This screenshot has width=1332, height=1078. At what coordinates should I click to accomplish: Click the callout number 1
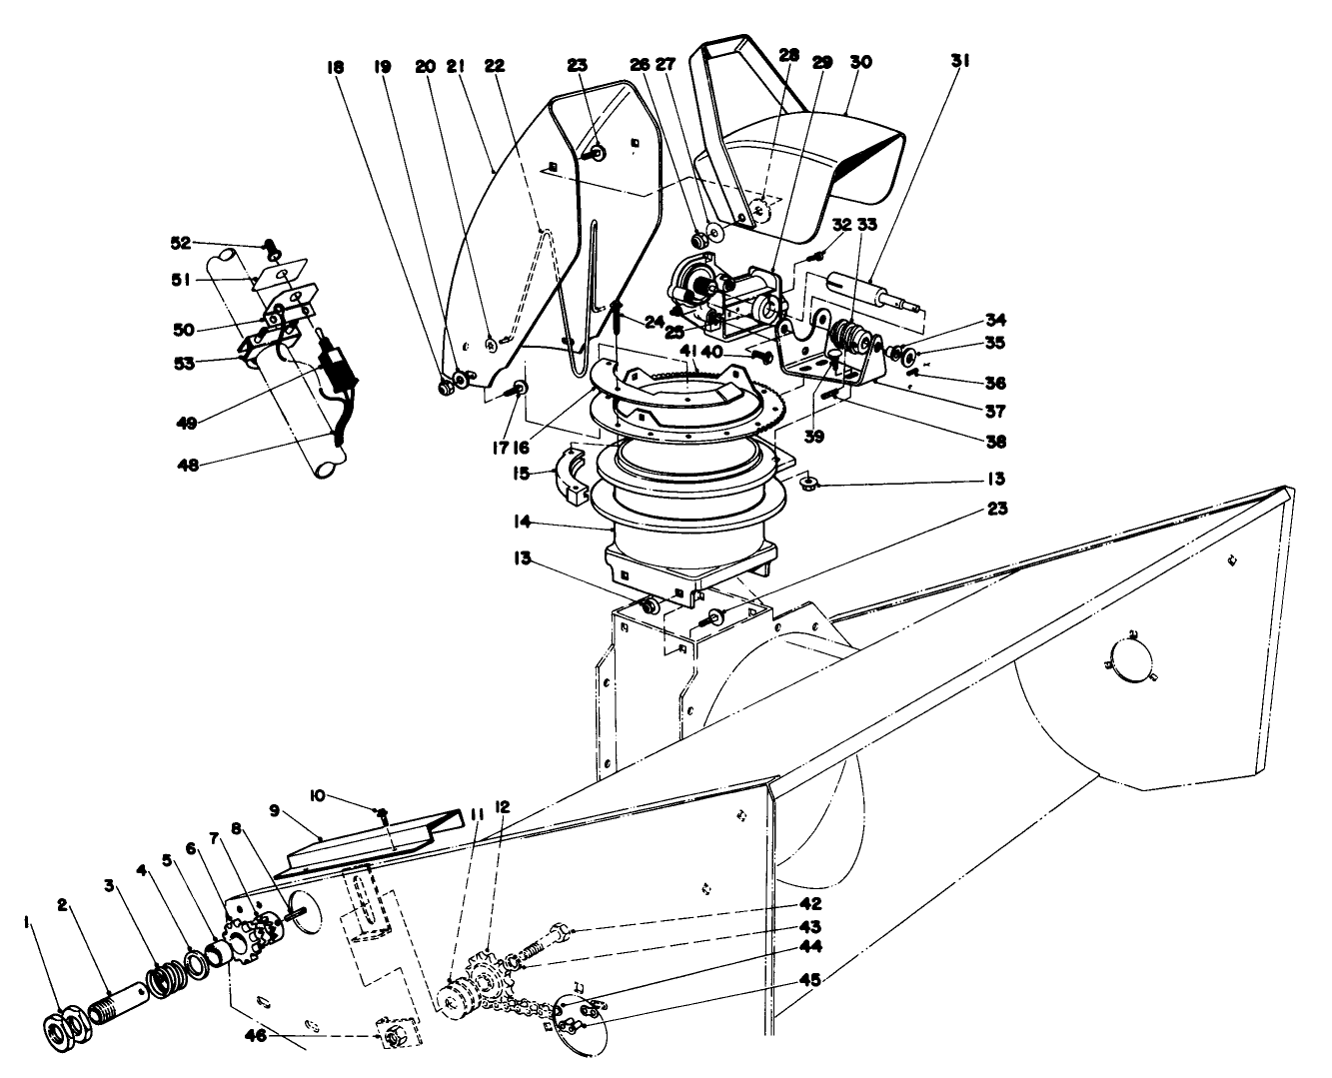[x=27, y=922]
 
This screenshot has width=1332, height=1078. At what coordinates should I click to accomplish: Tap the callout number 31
[x=960, y=61]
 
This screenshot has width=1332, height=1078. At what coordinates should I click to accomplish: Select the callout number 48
[x=188, y=466]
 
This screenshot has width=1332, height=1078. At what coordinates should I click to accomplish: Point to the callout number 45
[x=810, y=980]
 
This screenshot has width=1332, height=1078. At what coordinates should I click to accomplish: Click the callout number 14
[x=523, y=521]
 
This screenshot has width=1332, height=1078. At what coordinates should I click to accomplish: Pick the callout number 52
[x=181, y=243]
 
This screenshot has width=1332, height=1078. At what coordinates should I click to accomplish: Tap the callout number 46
[x=256, y=1036]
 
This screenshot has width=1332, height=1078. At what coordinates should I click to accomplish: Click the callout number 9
[x=274, y=811]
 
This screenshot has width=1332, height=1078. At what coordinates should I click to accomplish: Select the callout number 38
[x=995, y=442]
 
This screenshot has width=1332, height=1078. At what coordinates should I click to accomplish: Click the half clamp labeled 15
[x=572, y=476]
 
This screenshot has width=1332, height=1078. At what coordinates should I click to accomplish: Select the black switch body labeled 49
[x=338, y=372]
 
